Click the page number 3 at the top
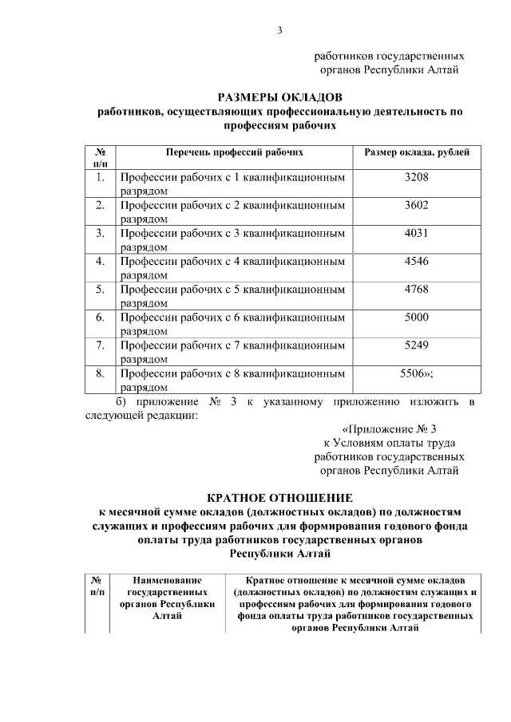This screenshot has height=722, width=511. point(279,31)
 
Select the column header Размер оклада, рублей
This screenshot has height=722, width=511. point(416,152)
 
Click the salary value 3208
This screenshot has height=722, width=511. point(416,177)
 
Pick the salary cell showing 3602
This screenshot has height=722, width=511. point(416,205)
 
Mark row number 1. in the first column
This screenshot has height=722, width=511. point(101,177)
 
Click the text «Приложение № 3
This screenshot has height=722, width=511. point(389,428)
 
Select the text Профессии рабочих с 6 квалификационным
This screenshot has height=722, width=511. point(232,318)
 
